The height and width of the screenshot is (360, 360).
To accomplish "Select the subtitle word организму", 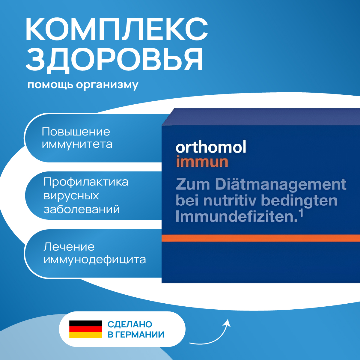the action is [x=107, y=85].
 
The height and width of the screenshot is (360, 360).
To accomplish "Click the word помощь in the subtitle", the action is [x=50, y=85].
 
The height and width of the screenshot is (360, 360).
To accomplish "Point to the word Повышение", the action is [x=76, y=132].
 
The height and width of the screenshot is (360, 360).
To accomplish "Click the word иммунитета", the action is [x=77, y=144].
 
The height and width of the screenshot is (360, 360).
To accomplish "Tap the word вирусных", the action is [x=71, y=196].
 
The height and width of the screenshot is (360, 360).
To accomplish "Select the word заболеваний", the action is [x=82, y=210].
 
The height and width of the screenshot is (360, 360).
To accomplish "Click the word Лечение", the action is [x=69, y=247].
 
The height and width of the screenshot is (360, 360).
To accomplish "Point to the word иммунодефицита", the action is [x=95, y=260].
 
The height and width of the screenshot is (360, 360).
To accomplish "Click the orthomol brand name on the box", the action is [x=211, y=147].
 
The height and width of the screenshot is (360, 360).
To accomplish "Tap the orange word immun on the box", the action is [x=202, y=162].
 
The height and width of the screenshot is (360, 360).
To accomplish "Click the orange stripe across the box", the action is [x=261, y=238].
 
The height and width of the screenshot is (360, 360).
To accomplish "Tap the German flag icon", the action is [x=86, y=329].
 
